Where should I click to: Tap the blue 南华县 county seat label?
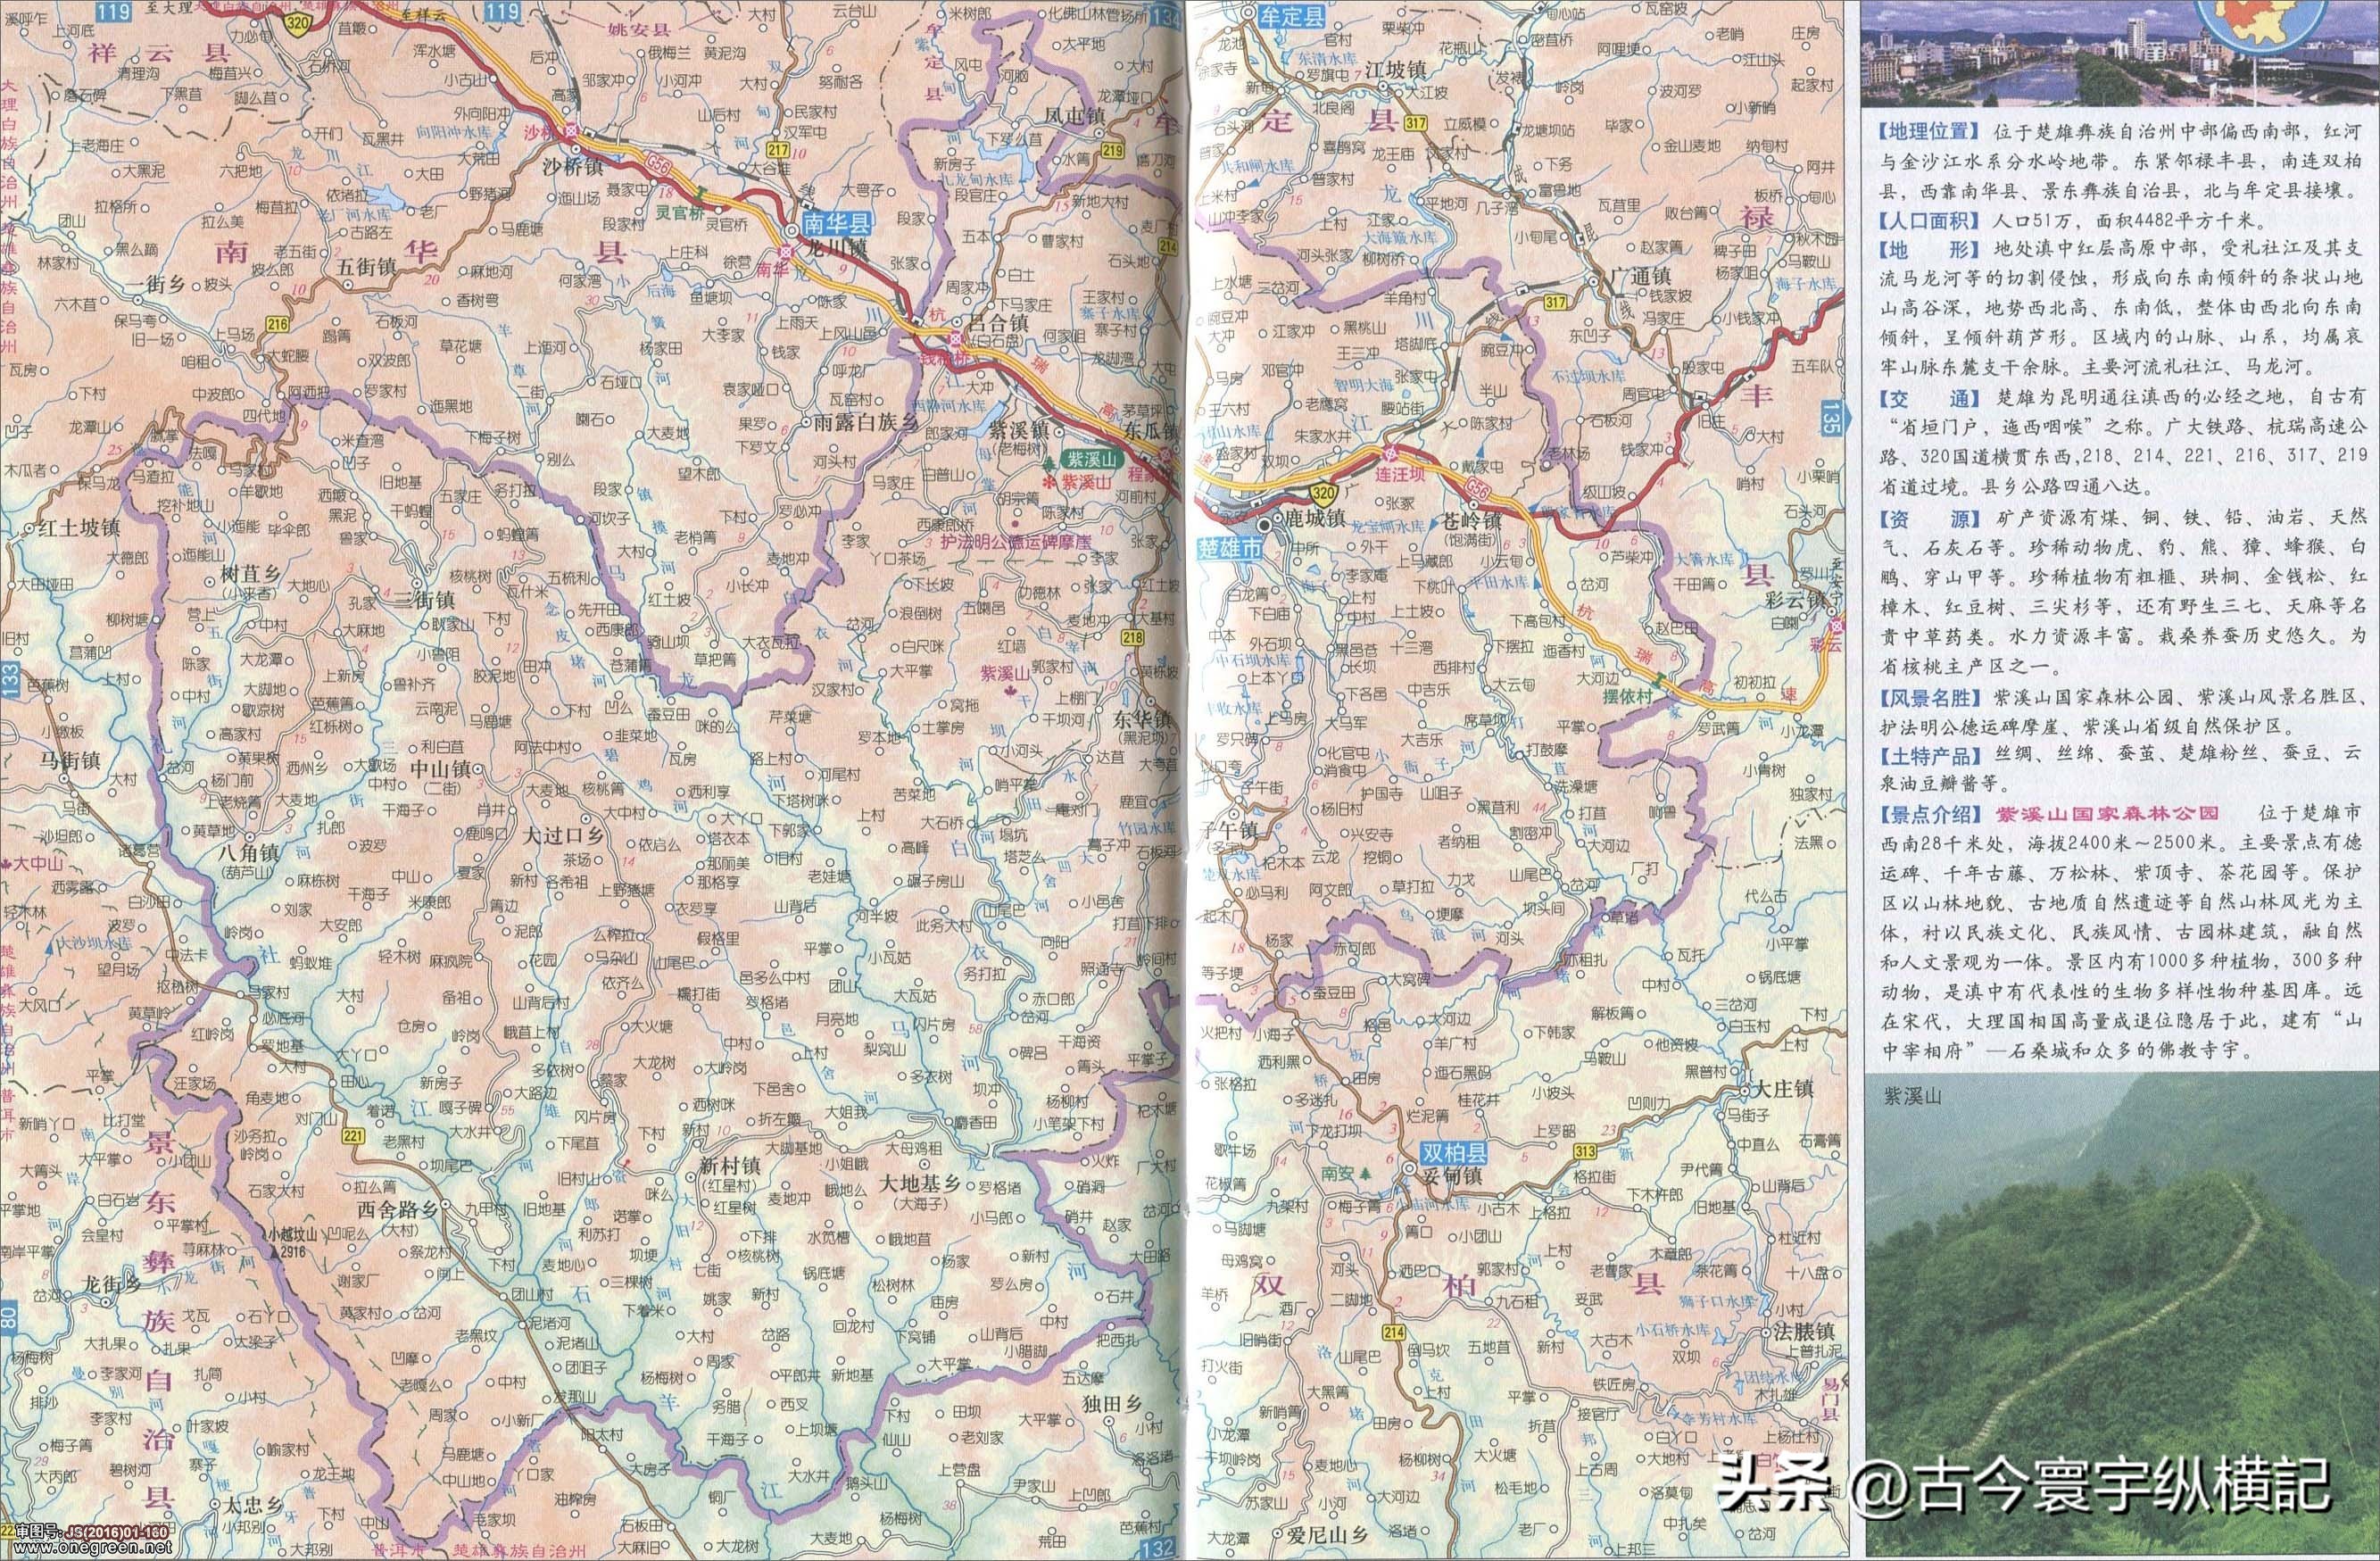coord(834,226)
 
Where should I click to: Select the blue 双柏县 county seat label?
coord(1456,1153)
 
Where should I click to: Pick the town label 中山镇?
coord(434,770)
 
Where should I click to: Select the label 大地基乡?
coord(918,1183)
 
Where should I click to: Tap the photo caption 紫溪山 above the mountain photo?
coord(1912,1097)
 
